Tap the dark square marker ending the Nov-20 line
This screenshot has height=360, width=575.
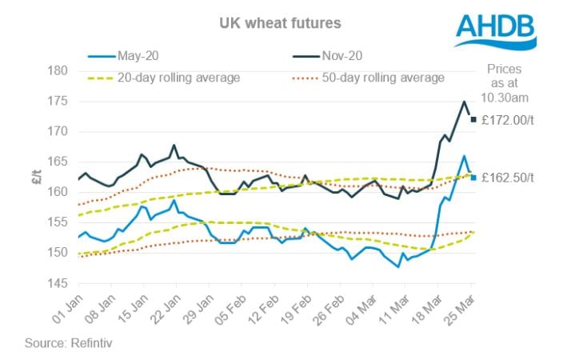tap(473, 120)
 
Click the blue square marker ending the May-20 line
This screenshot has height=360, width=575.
tap(473, 178)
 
